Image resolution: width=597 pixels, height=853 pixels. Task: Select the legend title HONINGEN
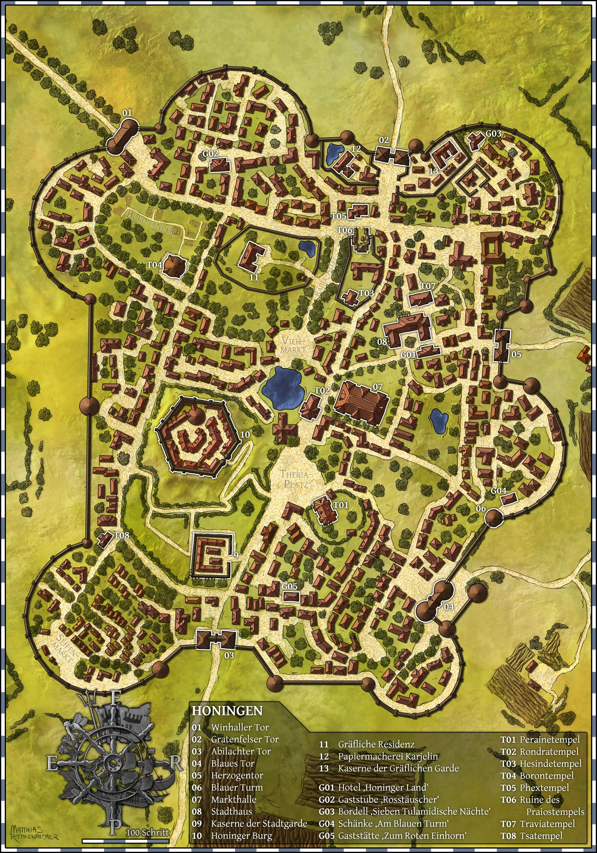tap(227, 710)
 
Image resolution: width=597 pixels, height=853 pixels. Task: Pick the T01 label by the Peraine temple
tap(341, 505)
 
